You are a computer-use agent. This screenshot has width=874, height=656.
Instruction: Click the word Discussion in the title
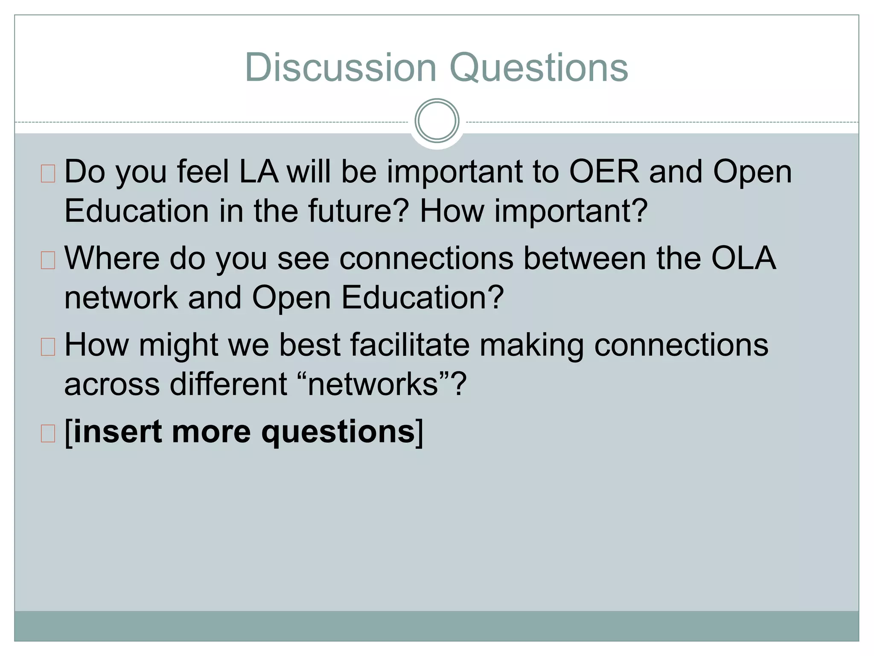pos(341,67)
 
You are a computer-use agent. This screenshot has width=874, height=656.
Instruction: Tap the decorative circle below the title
pos(437,121)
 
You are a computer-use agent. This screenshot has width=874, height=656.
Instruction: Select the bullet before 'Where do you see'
pos(48,260)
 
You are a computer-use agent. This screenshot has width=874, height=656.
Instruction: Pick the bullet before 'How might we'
pos(48,347)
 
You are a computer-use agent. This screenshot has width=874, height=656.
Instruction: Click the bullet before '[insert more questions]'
pos(48,433)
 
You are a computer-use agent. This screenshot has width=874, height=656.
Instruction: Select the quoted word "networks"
pos(373,384)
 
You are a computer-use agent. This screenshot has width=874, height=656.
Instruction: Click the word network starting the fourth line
pos(121,298)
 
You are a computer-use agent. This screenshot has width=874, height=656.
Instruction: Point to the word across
pos(112,384)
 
